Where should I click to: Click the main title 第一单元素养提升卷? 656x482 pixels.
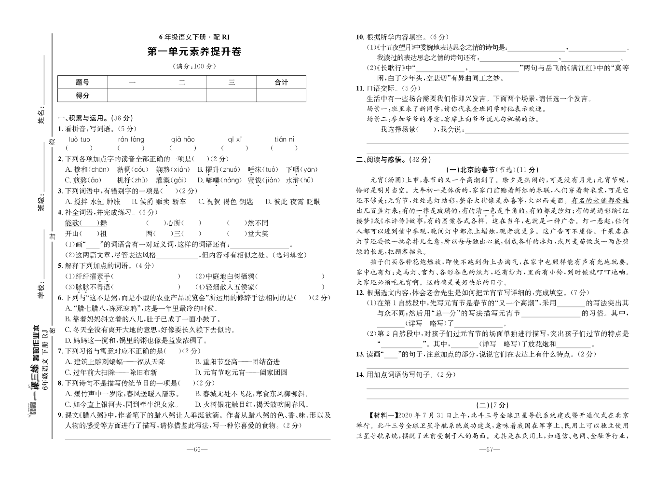[x=194, y=52]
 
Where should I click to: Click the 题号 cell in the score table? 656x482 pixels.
[x=82, y=83]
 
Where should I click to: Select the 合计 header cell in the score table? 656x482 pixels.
[x=281, y=83]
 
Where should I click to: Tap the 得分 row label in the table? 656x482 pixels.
[x=82, y=96]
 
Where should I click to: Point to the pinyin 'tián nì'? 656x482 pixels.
[x=284, y=139]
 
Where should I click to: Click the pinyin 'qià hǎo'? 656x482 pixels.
[x=183, y=139]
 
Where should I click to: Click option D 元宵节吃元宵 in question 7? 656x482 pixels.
[x=241, y=372]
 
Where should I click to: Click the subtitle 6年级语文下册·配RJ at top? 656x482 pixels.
[x=194, y=38]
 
